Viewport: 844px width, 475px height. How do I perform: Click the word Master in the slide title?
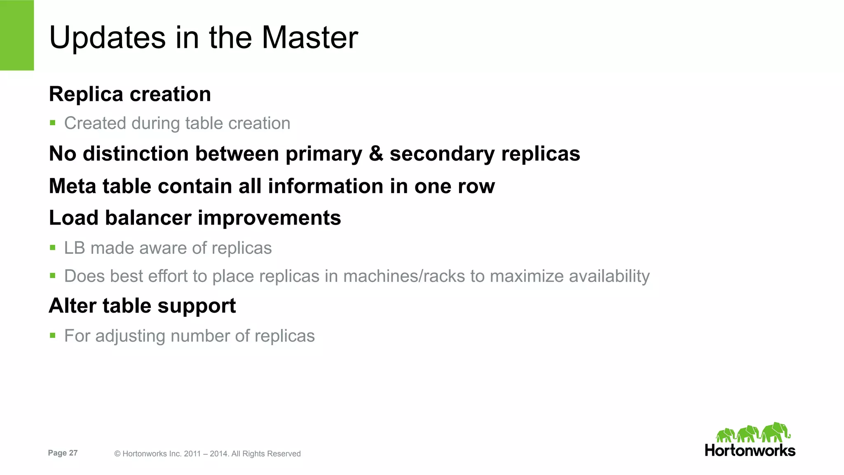[x=309, y=37]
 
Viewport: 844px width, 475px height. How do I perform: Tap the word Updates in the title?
[x=107, y=37]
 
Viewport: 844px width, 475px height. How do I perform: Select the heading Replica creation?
[x=130, y=94]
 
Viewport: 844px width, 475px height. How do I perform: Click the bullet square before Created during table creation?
[x=52, y=122]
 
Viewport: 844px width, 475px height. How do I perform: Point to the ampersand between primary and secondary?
[x=376, y=153]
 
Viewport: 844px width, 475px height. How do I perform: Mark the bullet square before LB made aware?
[x=52, y=248]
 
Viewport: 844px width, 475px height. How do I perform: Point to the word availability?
[x=609, y=276]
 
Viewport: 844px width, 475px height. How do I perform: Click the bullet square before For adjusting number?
[x=52, y=335]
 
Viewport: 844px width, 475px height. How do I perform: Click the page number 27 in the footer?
[x=73, y=453]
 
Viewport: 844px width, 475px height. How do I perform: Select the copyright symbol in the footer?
[x=117, y=454]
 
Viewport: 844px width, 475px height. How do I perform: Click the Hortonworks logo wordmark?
[x=750, y=450]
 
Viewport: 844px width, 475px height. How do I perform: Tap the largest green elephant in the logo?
[x=776, y=432]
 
